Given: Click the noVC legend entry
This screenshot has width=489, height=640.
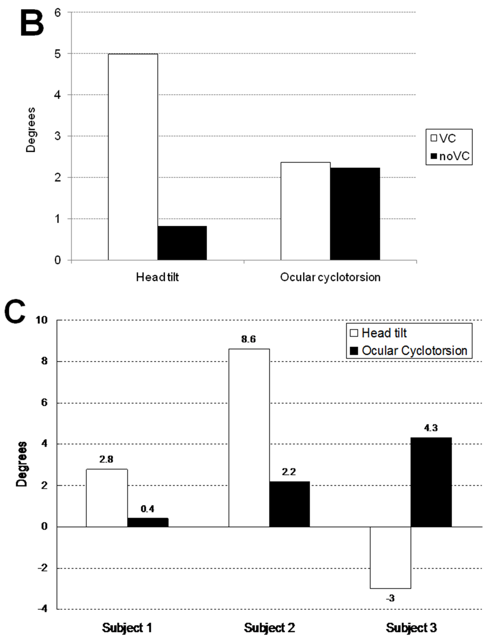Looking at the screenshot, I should pyautogui.click(x=450, y=156).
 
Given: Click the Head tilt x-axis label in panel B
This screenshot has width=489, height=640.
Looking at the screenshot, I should pyautogui.click(x=157, y=277).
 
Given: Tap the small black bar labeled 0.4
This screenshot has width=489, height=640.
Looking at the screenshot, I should pyautogui.click(x=148, y=522).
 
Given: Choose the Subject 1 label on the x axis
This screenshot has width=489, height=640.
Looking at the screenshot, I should pyautogui.click(x=127, y=628).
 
